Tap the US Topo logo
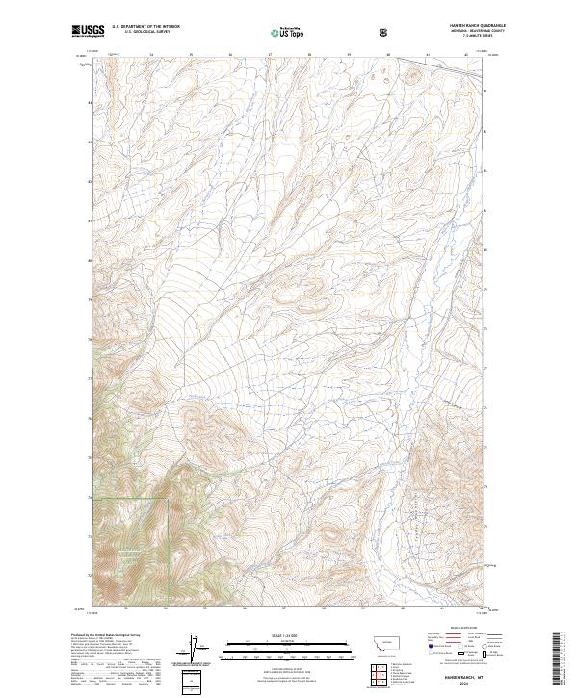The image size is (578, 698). [x=288, y=33]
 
